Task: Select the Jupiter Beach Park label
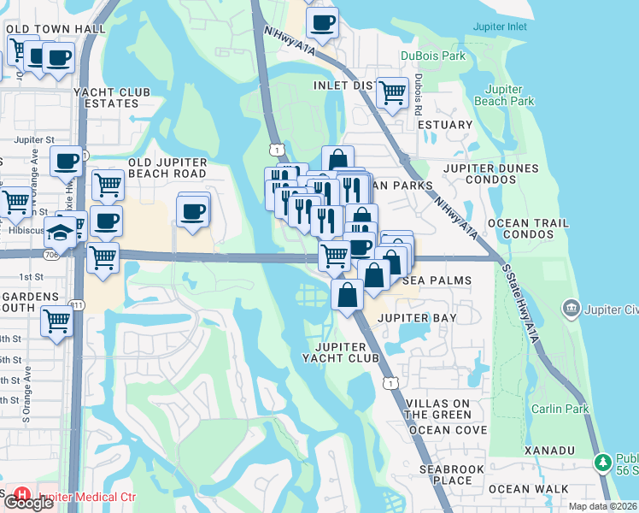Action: point(509,95)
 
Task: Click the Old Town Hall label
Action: point(56,29)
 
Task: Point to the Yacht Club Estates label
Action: point(112,97)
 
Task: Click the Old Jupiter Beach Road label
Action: point(167,168)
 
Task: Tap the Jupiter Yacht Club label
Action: point(346,352)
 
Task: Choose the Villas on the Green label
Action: point(438,409)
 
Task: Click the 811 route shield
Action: point(78,304)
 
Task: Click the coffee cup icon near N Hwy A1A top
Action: point(322,24)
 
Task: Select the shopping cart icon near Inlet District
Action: point(392,92)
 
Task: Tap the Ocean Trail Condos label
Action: point(528,228)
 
